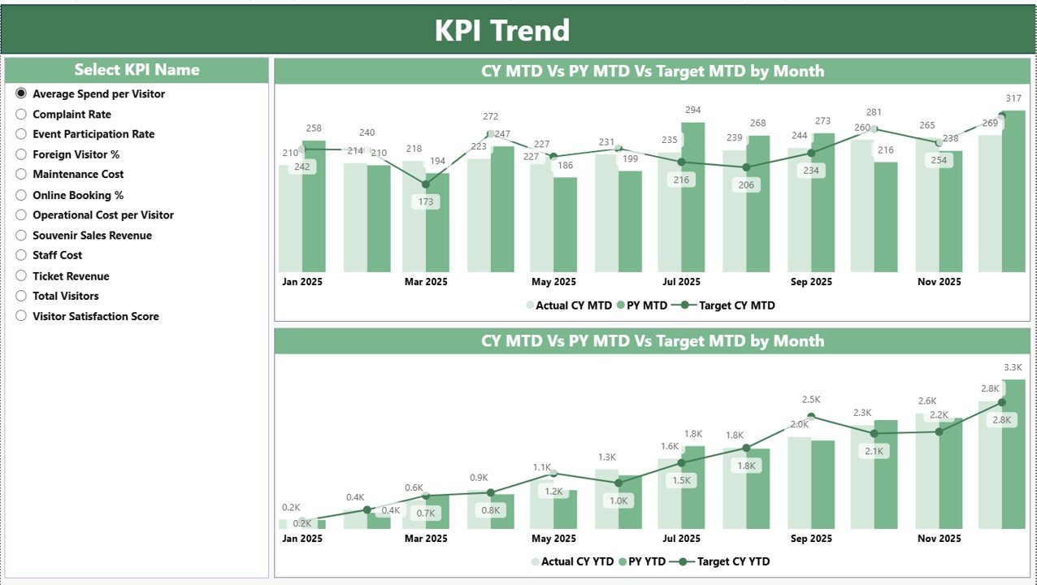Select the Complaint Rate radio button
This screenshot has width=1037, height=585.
pyautogui.click(x=21, y=115)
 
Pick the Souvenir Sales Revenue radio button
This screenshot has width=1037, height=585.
pyautogui.click(x=21, y=236)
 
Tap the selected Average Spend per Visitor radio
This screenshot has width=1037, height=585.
pyautogui.click(x=21, y=94)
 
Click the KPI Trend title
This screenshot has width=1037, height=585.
pyautogui.click(x=501, y=30)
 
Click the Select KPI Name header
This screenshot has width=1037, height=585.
pyautogui.click(x=137, y=70)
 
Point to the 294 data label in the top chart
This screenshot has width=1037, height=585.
pyautogui.click(x=692, y=110)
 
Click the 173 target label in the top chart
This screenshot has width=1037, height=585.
pyautogui.click(x=425, y=201)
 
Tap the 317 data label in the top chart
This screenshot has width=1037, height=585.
pyautogui.click(x=1013, y=99)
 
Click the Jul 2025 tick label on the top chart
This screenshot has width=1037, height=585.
pyautogui.click(x=681, y=282)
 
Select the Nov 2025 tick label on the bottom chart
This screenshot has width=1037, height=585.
pyautogui.click(x=939, y=539)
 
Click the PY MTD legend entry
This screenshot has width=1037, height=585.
pyautogui.click(x=643, y=305)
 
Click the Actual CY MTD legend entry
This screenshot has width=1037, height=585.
pyautogui.click(x=569, y=305)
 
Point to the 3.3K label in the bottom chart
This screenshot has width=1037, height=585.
pyautogui.click(x=1013, y=367)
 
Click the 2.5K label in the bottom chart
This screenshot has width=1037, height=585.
pyautogui.click(x=810, y=400)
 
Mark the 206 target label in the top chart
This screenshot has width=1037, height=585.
pyautogui.click(x=746, y=185)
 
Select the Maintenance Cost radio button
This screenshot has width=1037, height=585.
pyautogui.click(x=21, y=175)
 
